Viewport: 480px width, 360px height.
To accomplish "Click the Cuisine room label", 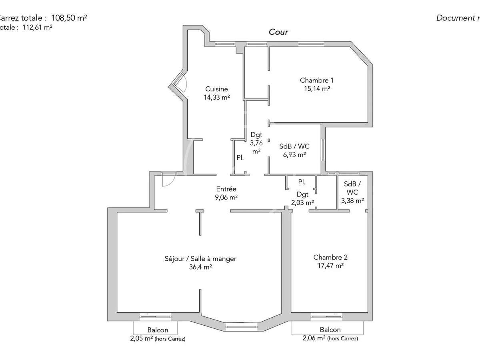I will coord(216,89).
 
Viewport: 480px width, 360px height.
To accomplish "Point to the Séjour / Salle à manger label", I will coord(200,259).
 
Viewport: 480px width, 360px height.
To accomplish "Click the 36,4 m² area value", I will coord(200,267).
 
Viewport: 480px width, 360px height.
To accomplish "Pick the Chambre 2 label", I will coord(328,257).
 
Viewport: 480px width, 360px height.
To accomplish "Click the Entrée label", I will coord(226,189).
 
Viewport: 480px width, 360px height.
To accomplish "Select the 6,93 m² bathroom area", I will coord(294,155).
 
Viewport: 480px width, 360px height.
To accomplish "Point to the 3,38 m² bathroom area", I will coord(352,201).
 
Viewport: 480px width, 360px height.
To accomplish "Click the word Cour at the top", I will coord(278,32).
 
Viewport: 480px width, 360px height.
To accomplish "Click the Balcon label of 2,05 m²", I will coord(158,330).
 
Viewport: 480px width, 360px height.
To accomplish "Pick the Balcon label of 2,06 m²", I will coord(330,330).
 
